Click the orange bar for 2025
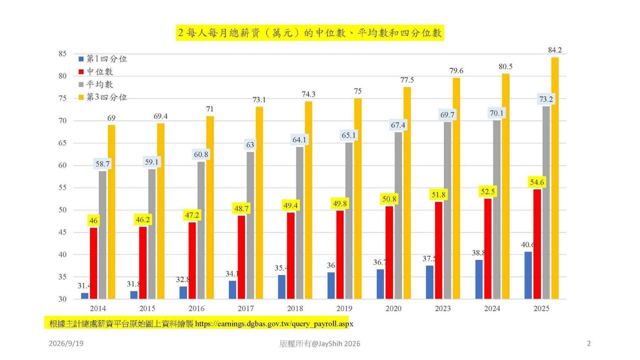click(555, 178)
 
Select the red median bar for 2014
click(93, 263)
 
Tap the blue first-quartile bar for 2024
click(479, 279)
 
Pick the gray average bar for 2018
click(299, 223)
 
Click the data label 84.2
click(555, 50)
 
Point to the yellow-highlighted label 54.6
click(537, 182)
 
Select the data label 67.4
click(398, 125)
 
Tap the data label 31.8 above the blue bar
click(133, 284)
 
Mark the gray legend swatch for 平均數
click(81, 85)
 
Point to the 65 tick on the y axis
click(62, 143)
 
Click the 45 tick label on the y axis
click(62, 232)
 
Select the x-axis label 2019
click(344, 308)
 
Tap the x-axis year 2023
click(443, 308)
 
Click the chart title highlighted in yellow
click(309, 33)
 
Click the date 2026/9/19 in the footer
click(66, 343)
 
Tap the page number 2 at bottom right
click(589, 343)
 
